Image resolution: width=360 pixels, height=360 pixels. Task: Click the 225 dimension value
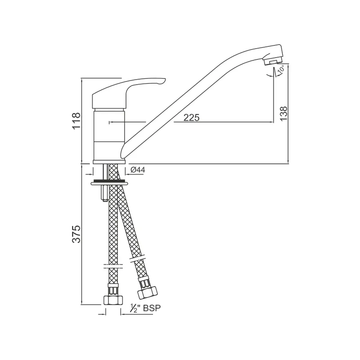coord(192,117)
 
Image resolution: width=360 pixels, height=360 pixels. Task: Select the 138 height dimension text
coord(284,113)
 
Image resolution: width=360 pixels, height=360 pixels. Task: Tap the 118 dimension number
coord(76,121)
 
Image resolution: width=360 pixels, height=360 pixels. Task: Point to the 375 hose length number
coord(76,234)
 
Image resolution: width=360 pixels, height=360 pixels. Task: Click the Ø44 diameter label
coord(138,170)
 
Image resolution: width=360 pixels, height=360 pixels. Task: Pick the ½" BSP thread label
coord(145,308)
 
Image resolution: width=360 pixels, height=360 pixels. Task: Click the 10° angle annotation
coord(281,69)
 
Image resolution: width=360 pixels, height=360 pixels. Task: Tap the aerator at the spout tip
coord(273,61)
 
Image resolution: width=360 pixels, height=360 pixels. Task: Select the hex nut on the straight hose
coord(113,300)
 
